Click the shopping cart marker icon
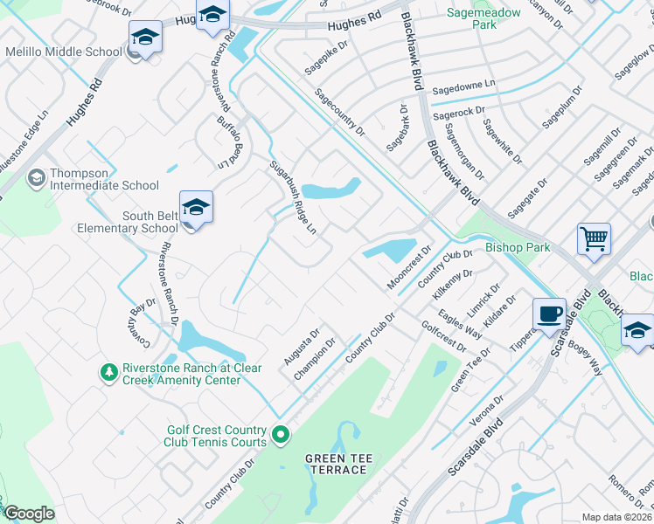594,238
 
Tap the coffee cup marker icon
549,314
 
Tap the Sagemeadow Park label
483,18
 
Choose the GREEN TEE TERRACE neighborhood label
336,464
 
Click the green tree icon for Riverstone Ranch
108,373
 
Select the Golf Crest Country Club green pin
280,433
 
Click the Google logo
29,513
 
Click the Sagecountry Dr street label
339,114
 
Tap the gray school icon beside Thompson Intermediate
36,178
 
